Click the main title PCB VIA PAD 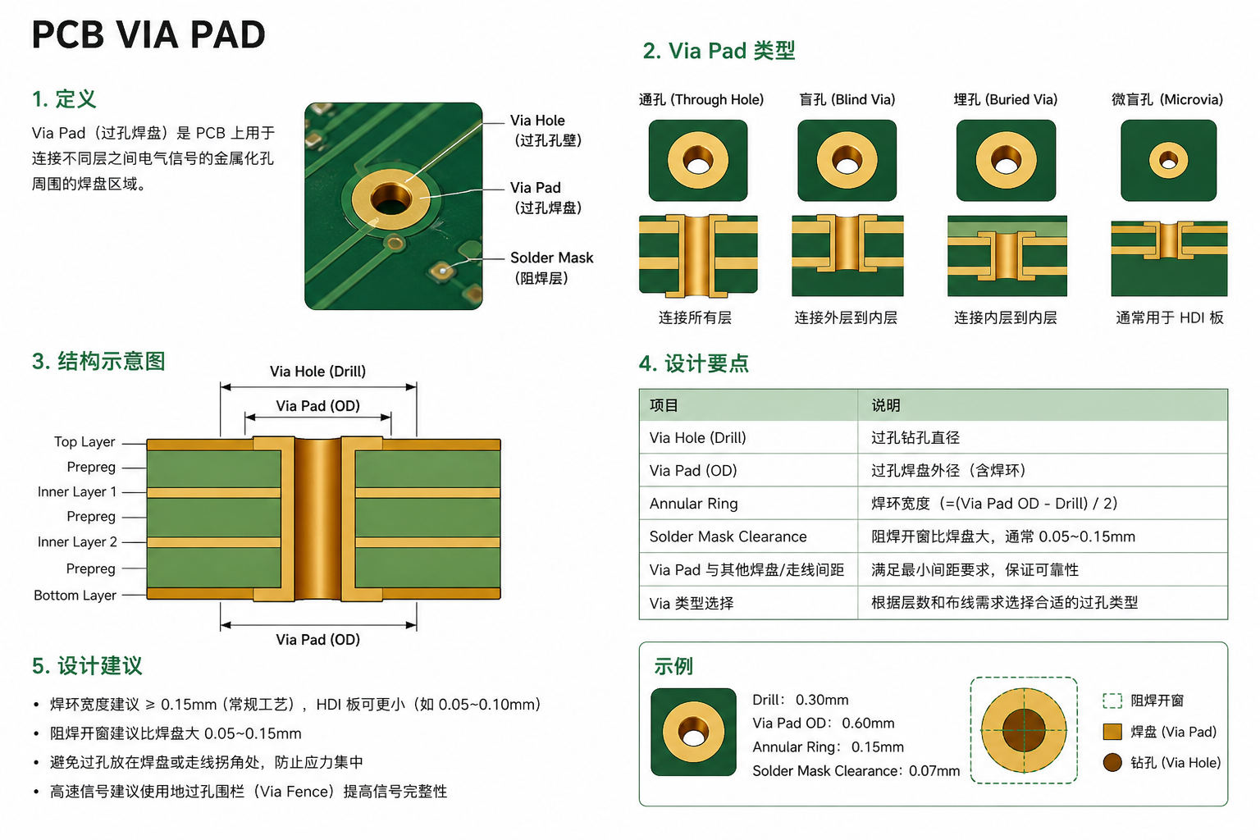pyautogui.click(x=148, y=35)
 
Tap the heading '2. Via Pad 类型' pyautogui.click(x=719, y=51)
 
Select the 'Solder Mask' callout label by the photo pyautogui.click(x=551, y=258)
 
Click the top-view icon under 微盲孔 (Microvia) pyautogui.click(x=1168, y=160)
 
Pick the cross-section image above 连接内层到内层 pyautogui.click(x=1007, y=256)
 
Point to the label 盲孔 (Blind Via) pyautogui.click(x=847, y=99)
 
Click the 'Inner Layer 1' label pyautogui.click(x=77, y=491)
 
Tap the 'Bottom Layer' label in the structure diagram pyautogui.click(x=75, y=596)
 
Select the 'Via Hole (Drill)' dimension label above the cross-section pyautogui.click(x=317, y=372)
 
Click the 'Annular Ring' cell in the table pyautogui.click(x=693, y=504)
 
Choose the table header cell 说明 pyautogui.click(x=886, y=405)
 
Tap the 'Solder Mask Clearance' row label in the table pyautogui.click(x=728, y=536)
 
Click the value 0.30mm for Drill pyautogui.click(x=822, y=700)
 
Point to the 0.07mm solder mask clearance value pyautogui.click(x=934, y=771)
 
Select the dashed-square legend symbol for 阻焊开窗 pyautogui.click(x=1112, y=701)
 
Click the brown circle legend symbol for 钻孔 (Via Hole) pyautogui.click(x=1112, y=763)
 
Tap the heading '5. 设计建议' pyautogui.click(x=87, y=665)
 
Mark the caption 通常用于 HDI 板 pyautogui.click(x=1170, y=318)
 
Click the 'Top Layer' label pyautogui.click(x=84, y=441)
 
